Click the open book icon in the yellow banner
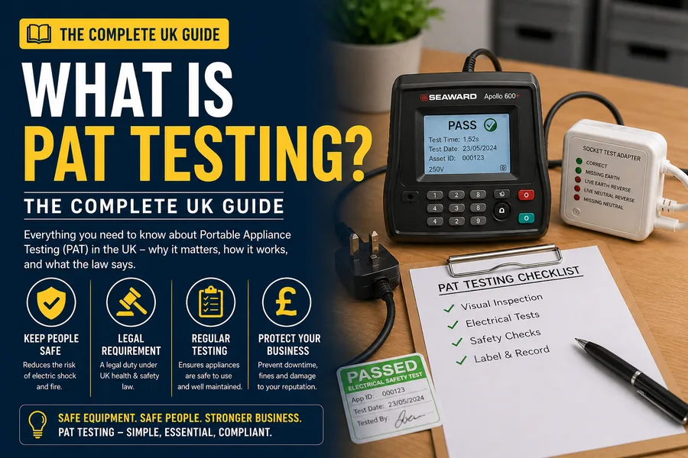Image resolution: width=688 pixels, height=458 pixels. tap(39, 34)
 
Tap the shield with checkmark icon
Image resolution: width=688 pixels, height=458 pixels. tap(51, 302)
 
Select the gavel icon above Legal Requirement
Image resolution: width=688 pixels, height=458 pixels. tap(131, 302)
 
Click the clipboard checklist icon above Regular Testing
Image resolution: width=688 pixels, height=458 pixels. tap(211, 302)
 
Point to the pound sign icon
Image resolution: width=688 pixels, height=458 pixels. tap(287, 302)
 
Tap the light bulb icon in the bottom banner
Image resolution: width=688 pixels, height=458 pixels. tap(37, 424)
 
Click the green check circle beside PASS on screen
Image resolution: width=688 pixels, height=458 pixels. tap(490, 125)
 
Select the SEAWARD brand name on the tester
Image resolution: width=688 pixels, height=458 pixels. tap(453, 97)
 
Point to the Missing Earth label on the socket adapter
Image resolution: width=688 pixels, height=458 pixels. tap(602, 174)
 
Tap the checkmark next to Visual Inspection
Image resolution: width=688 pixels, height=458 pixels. tap(449, 308)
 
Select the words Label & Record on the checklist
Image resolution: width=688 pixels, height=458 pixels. tap(511, 354)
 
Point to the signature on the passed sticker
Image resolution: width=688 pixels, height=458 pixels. tap(410, 418)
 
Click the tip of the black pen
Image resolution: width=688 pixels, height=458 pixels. tap(576, 340)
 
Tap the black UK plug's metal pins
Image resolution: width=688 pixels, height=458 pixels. tap(364, 247)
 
